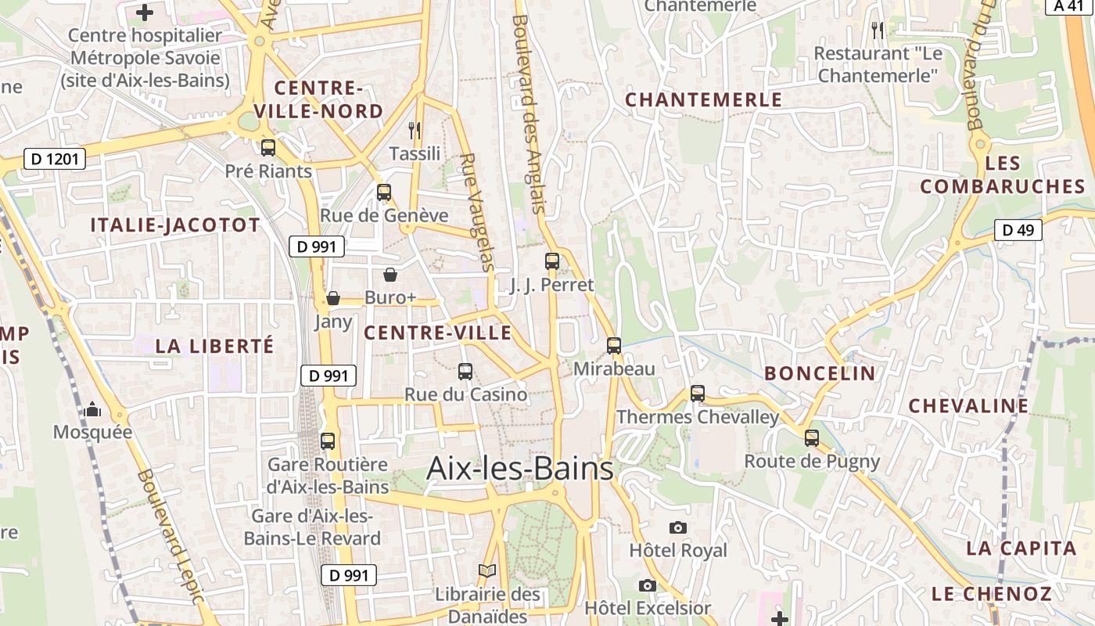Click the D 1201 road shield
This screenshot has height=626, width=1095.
pos(54,160)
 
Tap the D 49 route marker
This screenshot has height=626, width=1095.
pos(1018,230)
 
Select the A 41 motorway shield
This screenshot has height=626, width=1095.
pos(1069,6)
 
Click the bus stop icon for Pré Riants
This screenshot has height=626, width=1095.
pos(268,147)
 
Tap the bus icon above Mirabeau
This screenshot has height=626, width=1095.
pos(614,345)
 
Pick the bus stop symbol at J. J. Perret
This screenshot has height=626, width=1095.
pos(552,261)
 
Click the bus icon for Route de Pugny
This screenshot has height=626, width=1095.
pos(812,438)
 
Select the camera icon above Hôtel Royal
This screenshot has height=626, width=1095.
pos(678,527)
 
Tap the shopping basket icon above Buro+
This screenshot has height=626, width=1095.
pos(390,275)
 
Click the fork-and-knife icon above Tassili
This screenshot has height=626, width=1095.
pos(415,130)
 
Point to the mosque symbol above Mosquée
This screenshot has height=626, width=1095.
pos(92,409)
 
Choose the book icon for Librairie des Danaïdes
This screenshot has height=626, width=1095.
pos(487,571)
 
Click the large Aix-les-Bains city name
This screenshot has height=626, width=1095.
pos(520,469)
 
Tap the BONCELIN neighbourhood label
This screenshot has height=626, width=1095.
pos(820,373)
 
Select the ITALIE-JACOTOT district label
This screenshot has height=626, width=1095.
pos(175,225)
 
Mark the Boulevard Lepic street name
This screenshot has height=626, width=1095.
pos(170,536)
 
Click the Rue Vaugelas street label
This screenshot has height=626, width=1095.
pos(478,212)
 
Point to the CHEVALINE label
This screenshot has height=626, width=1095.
pos(968,405)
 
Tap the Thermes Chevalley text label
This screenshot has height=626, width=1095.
pos(698,417)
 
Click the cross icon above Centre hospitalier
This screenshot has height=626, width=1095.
pos(145,13)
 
